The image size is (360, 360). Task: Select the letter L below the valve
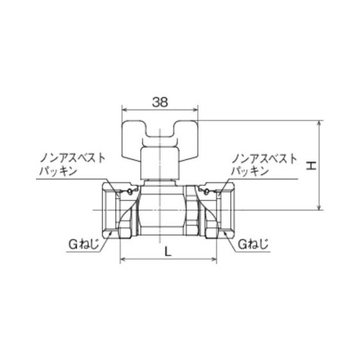point(168,251)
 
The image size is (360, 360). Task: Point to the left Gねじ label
point(84,244)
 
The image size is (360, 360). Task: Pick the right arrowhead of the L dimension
point(214,259)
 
